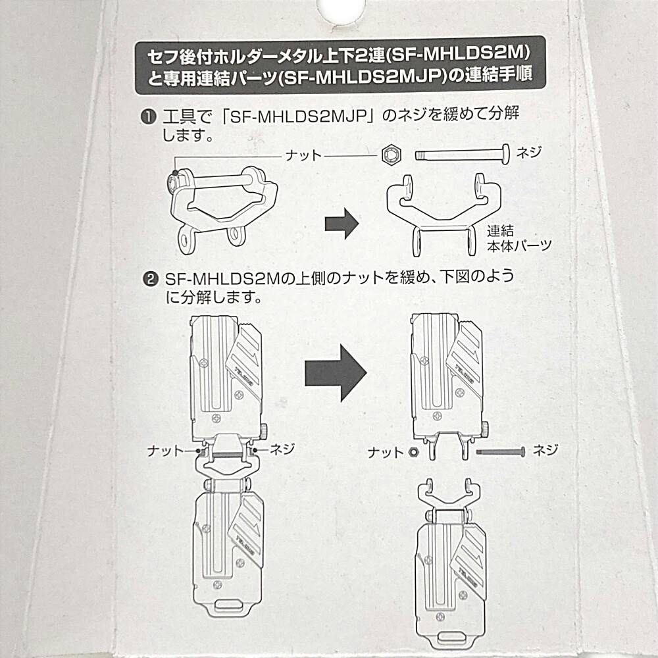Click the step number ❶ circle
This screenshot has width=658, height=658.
[x=148, y=117]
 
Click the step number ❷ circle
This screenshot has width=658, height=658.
[x=151, y=279]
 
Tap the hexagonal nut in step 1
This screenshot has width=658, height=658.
[x=392, y=155]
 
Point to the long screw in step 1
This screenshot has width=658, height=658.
[x=463, y=154]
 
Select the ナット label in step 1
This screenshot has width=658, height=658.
[x=303, y=155]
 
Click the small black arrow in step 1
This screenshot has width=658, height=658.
[x=342, y=223]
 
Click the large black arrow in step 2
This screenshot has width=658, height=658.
[x=336, y=373]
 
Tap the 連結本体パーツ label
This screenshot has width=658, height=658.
[x=519, y=238]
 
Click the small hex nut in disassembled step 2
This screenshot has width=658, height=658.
[x=413, y=453]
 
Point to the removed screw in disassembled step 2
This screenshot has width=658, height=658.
[x=501, y=452]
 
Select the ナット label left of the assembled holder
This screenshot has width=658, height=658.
[x=165, y=451]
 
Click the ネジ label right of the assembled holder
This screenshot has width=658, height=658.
[x=282, y=449]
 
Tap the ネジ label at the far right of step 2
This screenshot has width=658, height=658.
[x=545, y=450]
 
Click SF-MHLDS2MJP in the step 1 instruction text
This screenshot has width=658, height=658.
[x=299, y=116]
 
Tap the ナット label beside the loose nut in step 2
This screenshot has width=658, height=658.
[x=385, y=453]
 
